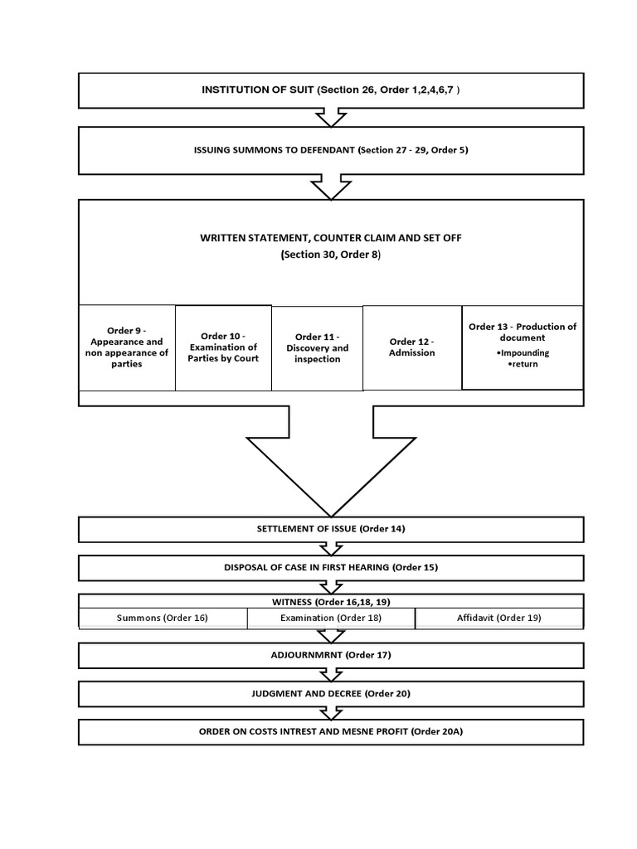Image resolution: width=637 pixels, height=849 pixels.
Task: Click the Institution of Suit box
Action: pyautogui.click(x=330, y=90)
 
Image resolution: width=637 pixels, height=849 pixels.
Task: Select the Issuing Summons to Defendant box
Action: pyautogui.click(x=330, y=150)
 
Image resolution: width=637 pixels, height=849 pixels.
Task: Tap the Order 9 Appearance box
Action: pyautogui.click(x=127, y=347)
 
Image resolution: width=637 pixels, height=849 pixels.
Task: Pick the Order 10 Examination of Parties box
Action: pyautogui.click(x=223, y=347)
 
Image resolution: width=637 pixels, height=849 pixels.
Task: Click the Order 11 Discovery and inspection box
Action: pyautogui.click(x=317, y=348)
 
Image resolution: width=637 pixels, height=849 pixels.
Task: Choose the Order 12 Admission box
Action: pyautogui.click(x=411, y=347)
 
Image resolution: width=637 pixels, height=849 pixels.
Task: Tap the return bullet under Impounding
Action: pyautogui.click(x=523, y=364)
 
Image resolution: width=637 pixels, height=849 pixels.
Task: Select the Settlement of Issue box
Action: pyautogui.click(x=330, y=529)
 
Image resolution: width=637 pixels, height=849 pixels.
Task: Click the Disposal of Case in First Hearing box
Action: pyautogui.click(x=330, y=568)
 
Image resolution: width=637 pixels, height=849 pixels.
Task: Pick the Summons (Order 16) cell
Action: pyautogui.click(x=163, y=619)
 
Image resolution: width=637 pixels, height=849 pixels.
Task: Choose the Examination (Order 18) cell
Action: pyautogui.click(x=330, y=619)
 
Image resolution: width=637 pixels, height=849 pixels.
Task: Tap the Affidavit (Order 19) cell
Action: pyautogui.click(x=498, y=619)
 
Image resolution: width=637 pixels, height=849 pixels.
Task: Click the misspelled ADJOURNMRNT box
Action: pyautogui.click(x=330, y=655)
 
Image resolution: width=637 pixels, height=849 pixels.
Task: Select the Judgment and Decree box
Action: pyautogui.click(x=330, y=693)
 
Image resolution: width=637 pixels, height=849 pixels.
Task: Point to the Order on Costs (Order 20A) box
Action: pyautogui.click(x=330, y=731)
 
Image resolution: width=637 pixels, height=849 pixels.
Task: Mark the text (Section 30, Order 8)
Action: pyautogui.click(x=331, y=255)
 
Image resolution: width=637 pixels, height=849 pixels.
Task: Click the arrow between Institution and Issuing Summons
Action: pyautogui.click(x=331, y=118)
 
